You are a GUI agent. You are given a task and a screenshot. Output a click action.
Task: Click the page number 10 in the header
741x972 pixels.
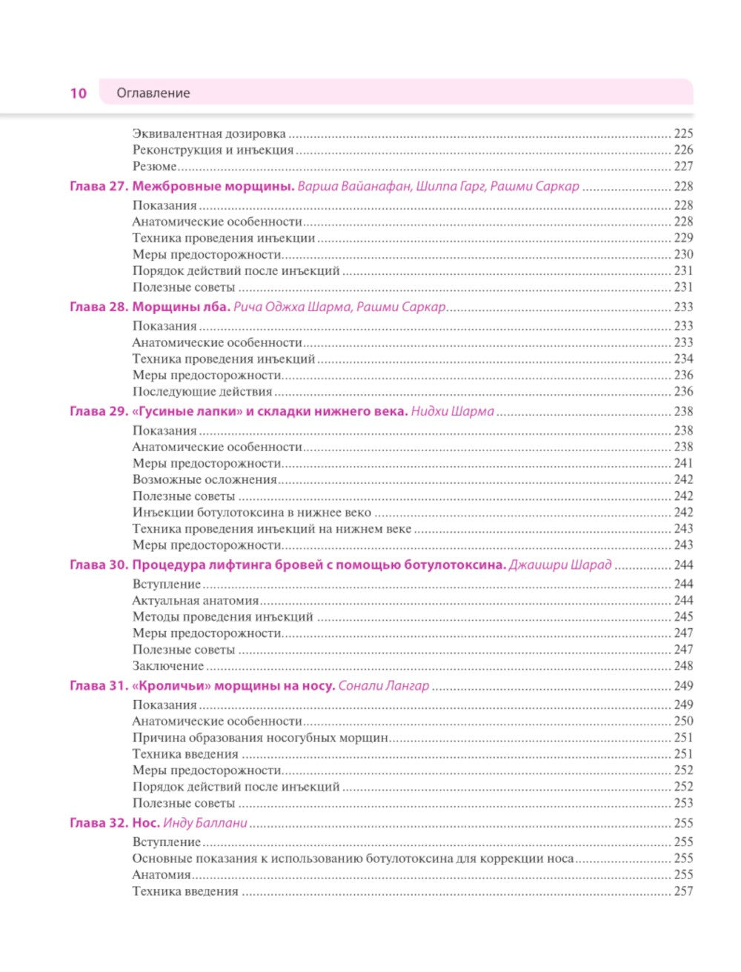click(x=79, y=93)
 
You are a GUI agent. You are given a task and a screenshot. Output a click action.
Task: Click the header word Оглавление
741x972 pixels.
click(x=153, y=93)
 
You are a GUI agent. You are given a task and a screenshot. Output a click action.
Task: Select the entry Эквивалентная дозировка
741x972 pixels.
click(x=209, y=134)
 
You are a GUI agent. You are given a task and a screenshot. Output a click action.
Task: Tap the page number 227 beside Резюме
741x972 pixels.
click(x=683, y=167)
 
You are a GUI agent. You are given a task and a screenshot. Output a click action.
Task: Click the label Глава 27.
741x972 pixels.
click(x=99, y=187)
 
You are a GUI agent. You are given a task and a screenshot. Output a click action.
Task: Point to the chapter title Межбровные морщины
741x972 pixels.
click(x=213, y=187)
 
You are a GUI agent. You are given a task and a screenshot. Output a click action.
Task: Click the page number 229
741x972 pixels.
click(x=683, y=238)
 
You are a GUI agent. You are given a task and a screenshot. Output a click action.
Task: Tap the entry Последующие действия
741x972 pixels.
click(x=202, y=391)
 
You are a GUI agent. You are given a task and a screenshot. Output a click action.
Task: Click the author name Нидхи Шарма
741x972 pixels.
click(x=452, y=411)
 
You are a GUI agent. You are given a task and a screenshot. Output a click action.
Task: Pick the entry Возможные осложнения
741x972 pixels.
click(x=205, y=479)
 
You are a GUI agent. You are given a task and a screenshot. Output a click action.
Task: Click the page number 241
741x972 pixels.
click(x=683, y=463)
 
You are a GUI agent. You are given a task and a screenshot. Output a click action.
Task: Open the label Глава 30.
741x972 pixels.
click(x=99, y=565)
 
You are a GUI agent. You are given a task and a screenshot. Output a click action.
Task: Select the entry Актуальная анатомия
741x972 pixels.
click(x=196, y=600)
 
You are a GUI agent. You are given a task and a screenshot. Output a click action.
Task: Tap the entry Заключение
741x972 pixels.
click(x=168, y=665)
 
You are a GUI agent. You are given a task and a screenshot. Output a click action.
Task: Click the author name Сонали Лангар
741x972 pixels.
click(x=384, y=685)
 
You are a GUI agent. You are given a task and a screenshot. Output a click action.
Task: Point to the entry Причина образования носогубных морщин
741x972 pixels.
click(x=261, y=737)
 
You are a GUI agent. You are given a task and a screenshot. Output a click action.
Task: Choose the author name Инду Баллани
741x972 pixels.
click(x=205, y=822)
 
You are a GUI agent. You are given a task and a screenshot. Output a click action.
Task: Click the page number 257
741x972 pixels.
click(x=683, y=891)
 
